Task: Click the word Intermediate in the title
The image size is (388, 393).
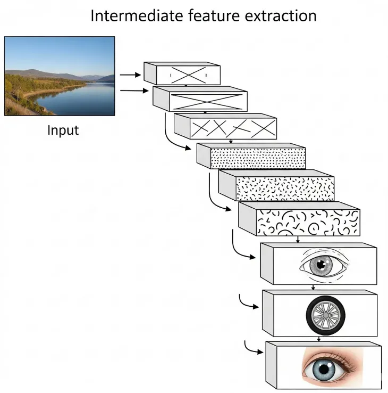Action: (137, 15)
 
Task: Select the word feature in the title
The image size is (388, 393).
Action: (214, 15)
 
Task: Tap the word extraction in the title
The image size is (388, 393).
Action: (281, 15)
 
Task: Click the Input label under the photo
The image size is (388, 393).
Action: (63, 130)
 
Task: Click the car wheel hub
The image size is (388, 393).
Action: (325, 315)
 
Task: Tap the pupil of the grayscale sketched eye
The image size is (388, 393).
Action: (320, 265)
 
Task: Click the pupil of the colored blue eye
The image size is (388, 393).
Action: (324, 369)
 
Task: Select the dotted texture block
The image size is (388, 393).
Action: (251, 156)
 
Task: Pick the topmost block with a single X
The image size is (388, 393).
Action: (182, 73)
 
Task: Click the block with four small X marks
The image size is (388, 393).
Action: (225, 126)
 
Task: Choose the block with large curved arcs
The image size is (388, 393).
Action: (299, 219)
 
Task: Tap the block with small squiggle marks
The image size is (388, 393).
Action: (276, 185)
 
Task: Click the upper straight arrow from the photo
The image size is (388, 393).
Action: (130, 75)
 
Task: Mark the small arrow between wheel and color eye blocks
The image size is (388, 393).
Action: (319, 339)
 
